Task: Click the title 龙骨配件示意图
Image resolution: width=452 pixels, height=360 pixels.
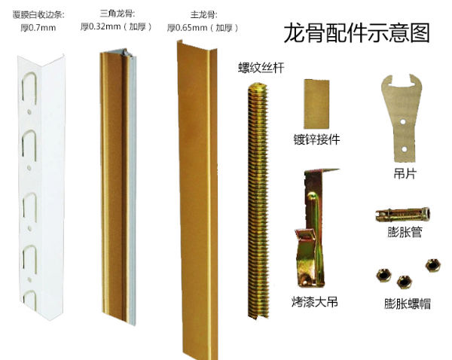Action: click(357, 33)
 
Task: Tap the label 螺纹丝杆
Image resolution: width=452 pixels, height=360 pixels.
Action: click(261, 68)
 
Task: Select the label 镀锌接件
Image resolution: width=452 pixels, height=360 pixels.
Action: click(317, 140)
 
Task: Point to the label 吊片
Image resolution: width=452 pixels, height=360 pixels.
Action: click(405, 174)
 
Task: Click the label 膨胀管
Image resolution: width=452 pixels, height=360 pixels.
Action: click(405, 232)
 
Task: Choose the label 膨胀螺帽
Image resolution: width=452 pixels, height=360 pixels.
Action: click(408, 304)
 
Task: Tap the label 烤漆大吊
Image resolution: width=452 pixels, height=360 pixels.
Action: click(314, 302)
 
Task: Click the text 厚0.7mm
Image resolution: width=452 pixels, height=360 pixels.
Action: click(38, 28)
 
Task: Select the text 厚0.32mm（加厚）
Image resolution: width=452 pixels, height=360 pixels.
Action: click(116, 27)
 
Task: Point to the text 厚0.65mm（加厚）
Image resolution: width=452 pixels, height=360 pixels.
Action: click(203, 28)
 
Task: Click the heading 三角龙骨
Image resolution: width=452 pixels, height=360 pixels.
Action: click(118, 14)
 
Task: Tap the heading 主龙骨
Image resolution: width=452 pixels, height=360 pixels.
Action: click(204, 15)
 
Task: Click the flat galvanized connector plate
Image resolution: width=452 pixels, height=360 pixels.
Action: click(316, 104)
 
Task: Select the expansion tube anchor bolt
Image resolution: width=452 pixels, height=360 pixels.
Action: click(403, 215)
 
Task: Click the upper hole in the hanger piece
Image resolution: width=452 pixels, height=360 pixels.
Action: click(403, 122)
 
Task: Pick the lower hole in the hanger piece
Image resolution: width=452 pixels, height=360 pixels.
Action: click(404, 149)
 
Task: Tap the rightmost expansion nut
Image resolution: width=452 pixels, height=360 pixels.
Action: click(432, 265)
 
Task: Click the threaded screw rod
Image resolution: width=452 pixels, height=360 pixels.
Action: click(258, 201)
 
